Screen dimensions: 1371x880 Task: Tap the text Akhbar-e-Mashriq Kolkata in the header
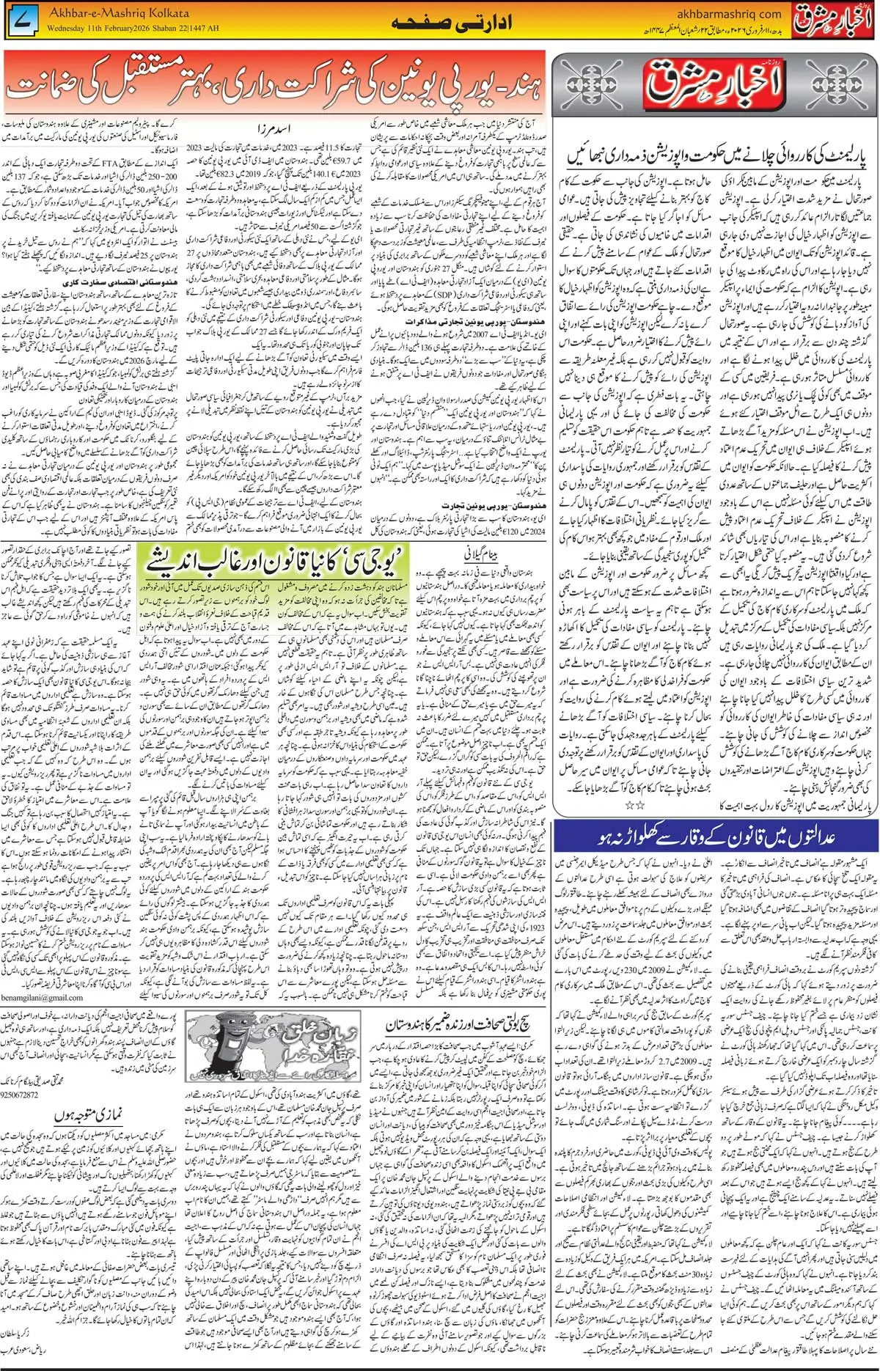point(118,13)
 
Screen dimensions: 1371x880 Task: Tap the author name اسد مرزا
point(273,129)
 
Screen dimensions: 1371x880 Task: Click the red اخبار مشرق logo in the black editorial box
point(714,83)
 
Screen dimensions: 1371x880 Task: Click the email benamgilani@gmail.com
point(42,998)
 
